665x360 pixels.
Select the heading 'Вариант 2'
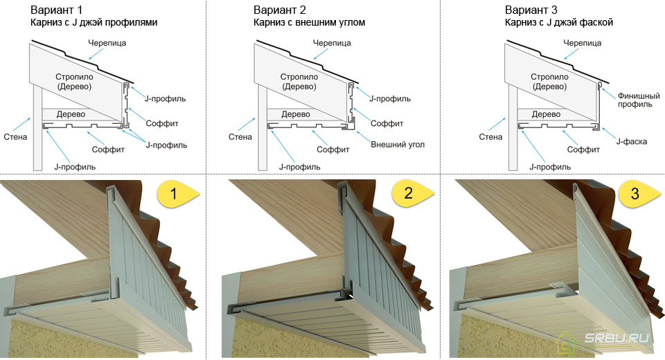279,10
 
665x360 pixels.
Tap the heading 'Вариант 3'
531,10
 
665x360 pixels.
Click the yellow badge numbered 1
178,195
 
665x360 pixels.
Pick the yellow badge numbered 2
413,193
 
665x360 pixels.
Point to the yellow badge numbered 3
639,195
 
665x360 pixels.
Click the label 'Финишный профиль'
638,100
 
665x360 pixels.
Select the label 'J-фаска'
632,142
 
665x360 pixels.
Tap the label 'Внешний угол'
398,145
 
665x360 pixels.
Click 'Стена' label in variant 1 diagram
15,137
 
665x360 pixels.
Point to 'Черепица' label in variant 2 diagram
332,43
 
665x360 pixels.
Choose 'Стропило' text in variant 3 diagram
549,77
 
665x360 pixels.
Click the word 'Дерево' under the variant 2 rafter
296,114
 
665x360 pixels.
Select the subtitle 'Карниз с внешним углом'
309,22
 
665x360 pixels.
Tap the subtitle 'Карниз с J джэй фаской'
559,22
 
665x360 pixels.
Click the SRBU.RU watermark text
617,338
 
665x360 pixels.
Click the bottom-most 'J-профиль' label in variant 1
75,167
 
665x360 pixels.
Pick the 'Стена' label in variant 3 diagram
490,137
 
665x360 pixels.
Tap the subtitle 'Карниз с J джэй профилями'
94,22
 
